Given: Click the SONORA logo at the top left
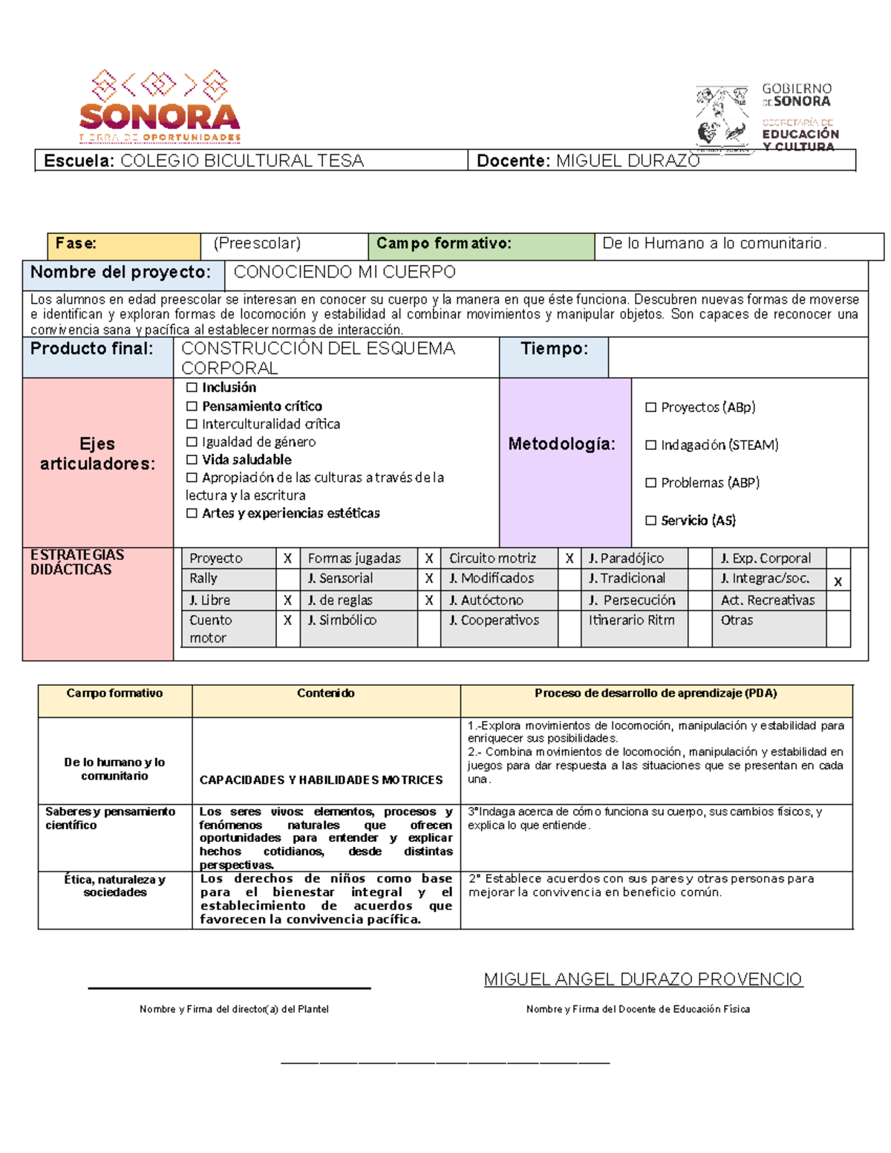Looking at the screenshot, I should tap(160, 106).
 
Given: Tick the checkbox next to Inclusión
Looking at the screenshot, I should tap(192, 388).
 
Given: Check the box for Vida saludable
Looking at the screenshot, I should tap(192, 460).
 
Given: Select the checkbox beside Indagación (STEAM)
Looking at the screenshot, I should tap(651, 445).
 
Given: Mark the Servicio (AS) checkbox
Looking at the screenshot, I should tap(651, 520).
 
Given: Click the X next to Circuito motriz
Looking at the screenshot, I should tap(569, 558).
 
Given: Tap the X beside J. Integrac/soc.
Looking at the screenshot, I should tap(838, 581).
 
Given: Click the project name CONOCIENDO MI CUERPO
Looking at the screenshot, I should tap(345, 272).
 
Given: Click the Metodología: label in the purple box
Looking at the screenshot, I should tap(562, 444).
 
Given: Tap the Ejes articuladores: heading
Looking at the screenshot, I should tap(98, 454).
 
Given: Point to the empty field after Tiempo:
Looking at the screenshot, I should tap(737, 357).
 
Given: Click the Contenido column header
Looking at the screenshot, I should tap(325, 693).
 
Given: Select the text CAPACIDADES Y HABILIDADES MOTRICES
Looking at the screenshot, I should tap(321, 780).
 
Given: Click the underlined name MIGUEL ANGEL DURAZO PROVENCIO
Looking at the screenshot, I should tap(643, 979).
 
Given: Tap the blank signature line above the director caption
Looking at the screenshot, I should tap(229, 987).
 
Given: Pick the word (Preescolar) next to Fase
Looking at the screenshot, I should tap(257, 244).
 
